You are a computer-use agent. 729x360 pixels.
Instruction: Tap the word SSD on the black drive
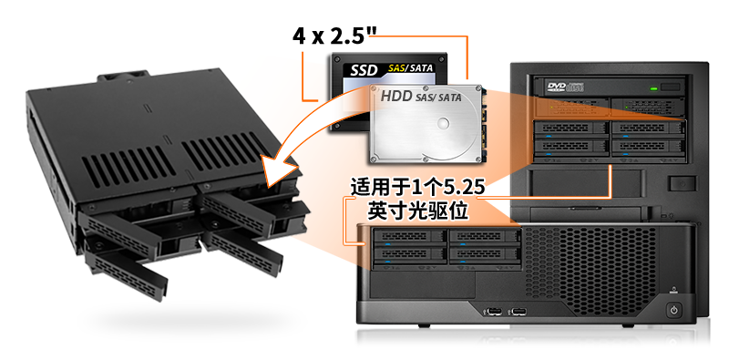pyautogui.click(x=364, y=71)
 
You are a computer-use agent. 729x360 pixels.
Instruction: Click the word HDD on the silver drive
pyautogui.click(x=396, y=97)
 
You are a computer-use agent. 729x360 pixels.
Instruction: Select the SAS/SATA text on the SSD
pyautogui.click(x=411, y=68)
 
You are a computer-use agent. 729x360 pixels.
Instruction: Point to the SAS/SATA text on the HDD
pyautogui.click(x=438, y=98)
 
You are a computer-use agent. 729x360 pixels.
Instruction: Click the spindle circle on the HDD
pyautogui.click(x=444, y=123)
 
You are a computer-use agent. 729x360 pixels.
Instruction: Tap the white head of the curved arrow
pyautogui.click(x=278, y=172)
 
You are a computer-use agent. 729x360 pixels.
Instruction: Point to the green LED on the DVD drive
pyautogui.click(x=653, y=87)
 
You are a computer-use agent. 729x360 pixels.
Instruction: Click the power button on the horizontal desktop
pyautogui.click(x=673, y=310)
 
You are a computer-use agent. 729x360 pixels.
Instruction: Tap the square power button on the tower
pyautogui.click(x=679, y=184)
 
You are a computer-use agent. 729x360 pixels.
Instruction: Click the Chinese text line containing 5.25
pyautogui.click(x=418, y=189)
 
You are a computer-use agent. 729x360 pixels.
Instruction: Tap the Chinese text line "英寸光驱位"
pyautogui.click(x=417, y=211)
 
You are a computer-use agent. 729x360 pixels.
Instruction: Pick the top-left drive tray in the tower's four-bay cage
pyautogui.click(x=572, y=129)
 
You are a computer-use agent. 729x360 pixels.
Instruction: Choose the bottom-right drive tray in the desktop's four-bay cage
pyautogui.click(x=485, y=255)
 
